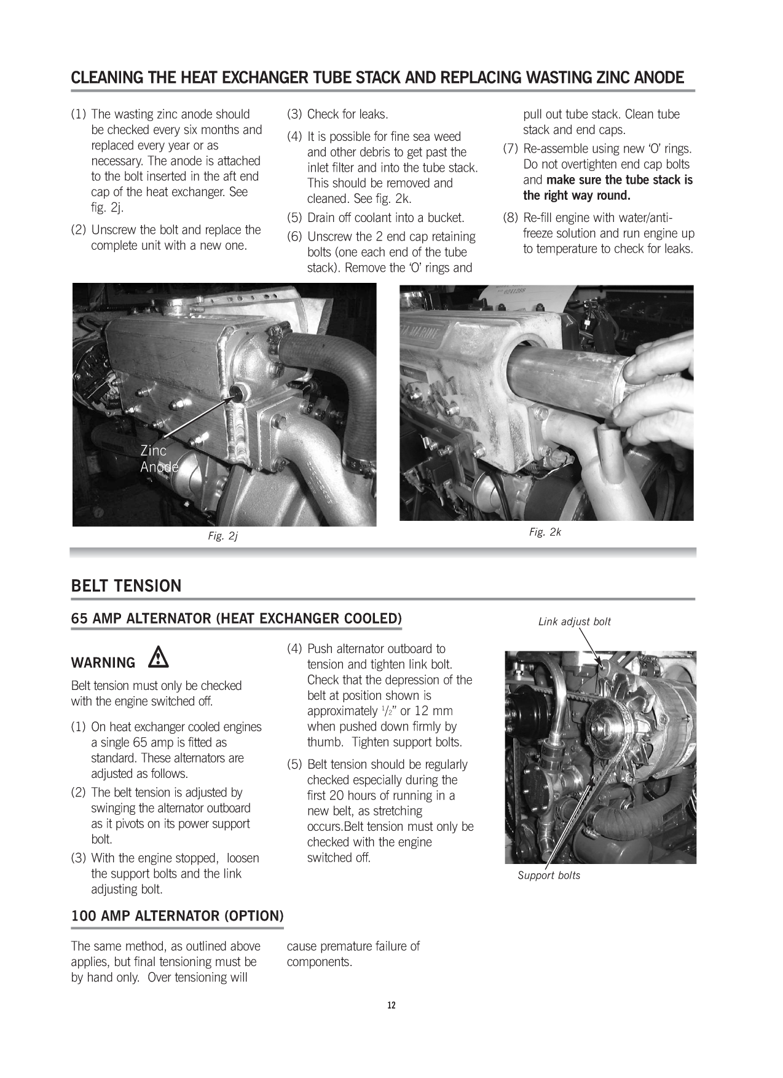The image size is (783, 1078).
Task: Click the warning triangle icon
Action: [x=159, y=659]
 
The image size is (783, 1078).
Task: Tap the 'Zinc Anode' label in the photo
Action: [x=159, y=459]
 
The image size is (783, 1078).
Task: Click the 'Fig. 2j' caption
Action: [x=222, y=536]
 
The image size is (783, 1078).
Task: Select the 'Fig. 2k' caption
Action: [x=545, y=533]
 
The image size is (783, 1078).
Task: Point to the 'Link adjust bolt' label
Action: [x=574, y=622]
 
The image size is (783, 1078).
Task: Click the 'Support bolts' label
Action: [x=548, y=876]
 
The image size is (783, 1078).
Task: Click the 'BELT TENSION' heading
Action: [x=126, y=586]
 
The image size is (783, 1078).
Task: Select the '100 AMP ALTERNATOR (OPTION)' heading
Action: [x=177, y=916]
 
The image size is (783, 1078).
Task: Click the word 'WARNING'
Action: [x=103, y=663]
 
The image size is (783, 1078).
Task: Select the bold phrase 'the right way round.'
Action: [x=576, y=196]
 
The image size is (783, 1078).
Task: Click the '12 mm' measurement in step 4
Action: [x=433, y=711]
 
